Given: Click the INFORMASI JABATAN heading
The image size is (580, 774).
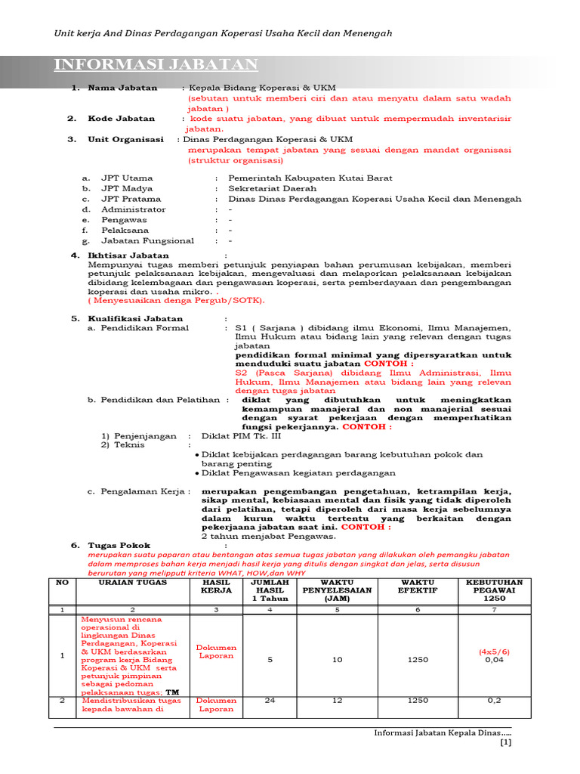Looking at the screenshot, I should pyautogui.click(x=156, y=64).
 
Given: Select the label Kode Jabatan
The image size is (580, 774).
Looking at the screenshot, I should pyautogui.click(x=121, y=119).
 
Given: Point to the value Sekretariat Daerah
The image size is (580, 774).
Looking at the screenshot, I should pyautogui.click(x=273, y=189).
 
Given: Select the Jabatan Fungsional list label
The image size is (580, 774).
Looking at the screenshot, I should pyautogui.click(x=147, y=240).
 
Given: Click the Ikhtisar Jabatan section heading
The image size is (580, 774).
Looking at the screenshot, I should pyautogui.click(x=128, y=255).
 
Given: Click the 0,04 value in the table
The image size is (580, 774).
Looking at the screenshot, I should pyautogui.click(x=495, y=660).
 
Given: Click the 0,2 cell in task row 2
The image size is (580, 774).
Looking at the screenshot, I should pyautogui.click(x=495, y=700).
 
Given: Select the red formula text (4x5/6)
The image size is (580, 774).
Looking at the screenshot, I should pyautogui.click(x=495, y=651).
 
